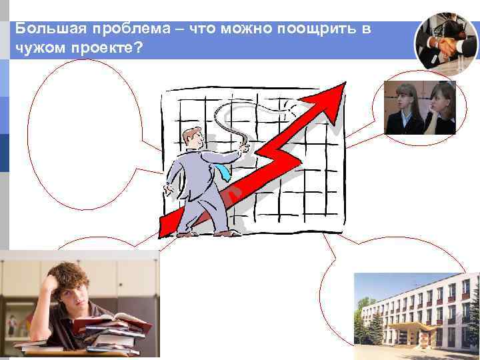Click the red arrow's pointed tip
[343, 85]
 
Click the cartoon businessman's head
[195, 139]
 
